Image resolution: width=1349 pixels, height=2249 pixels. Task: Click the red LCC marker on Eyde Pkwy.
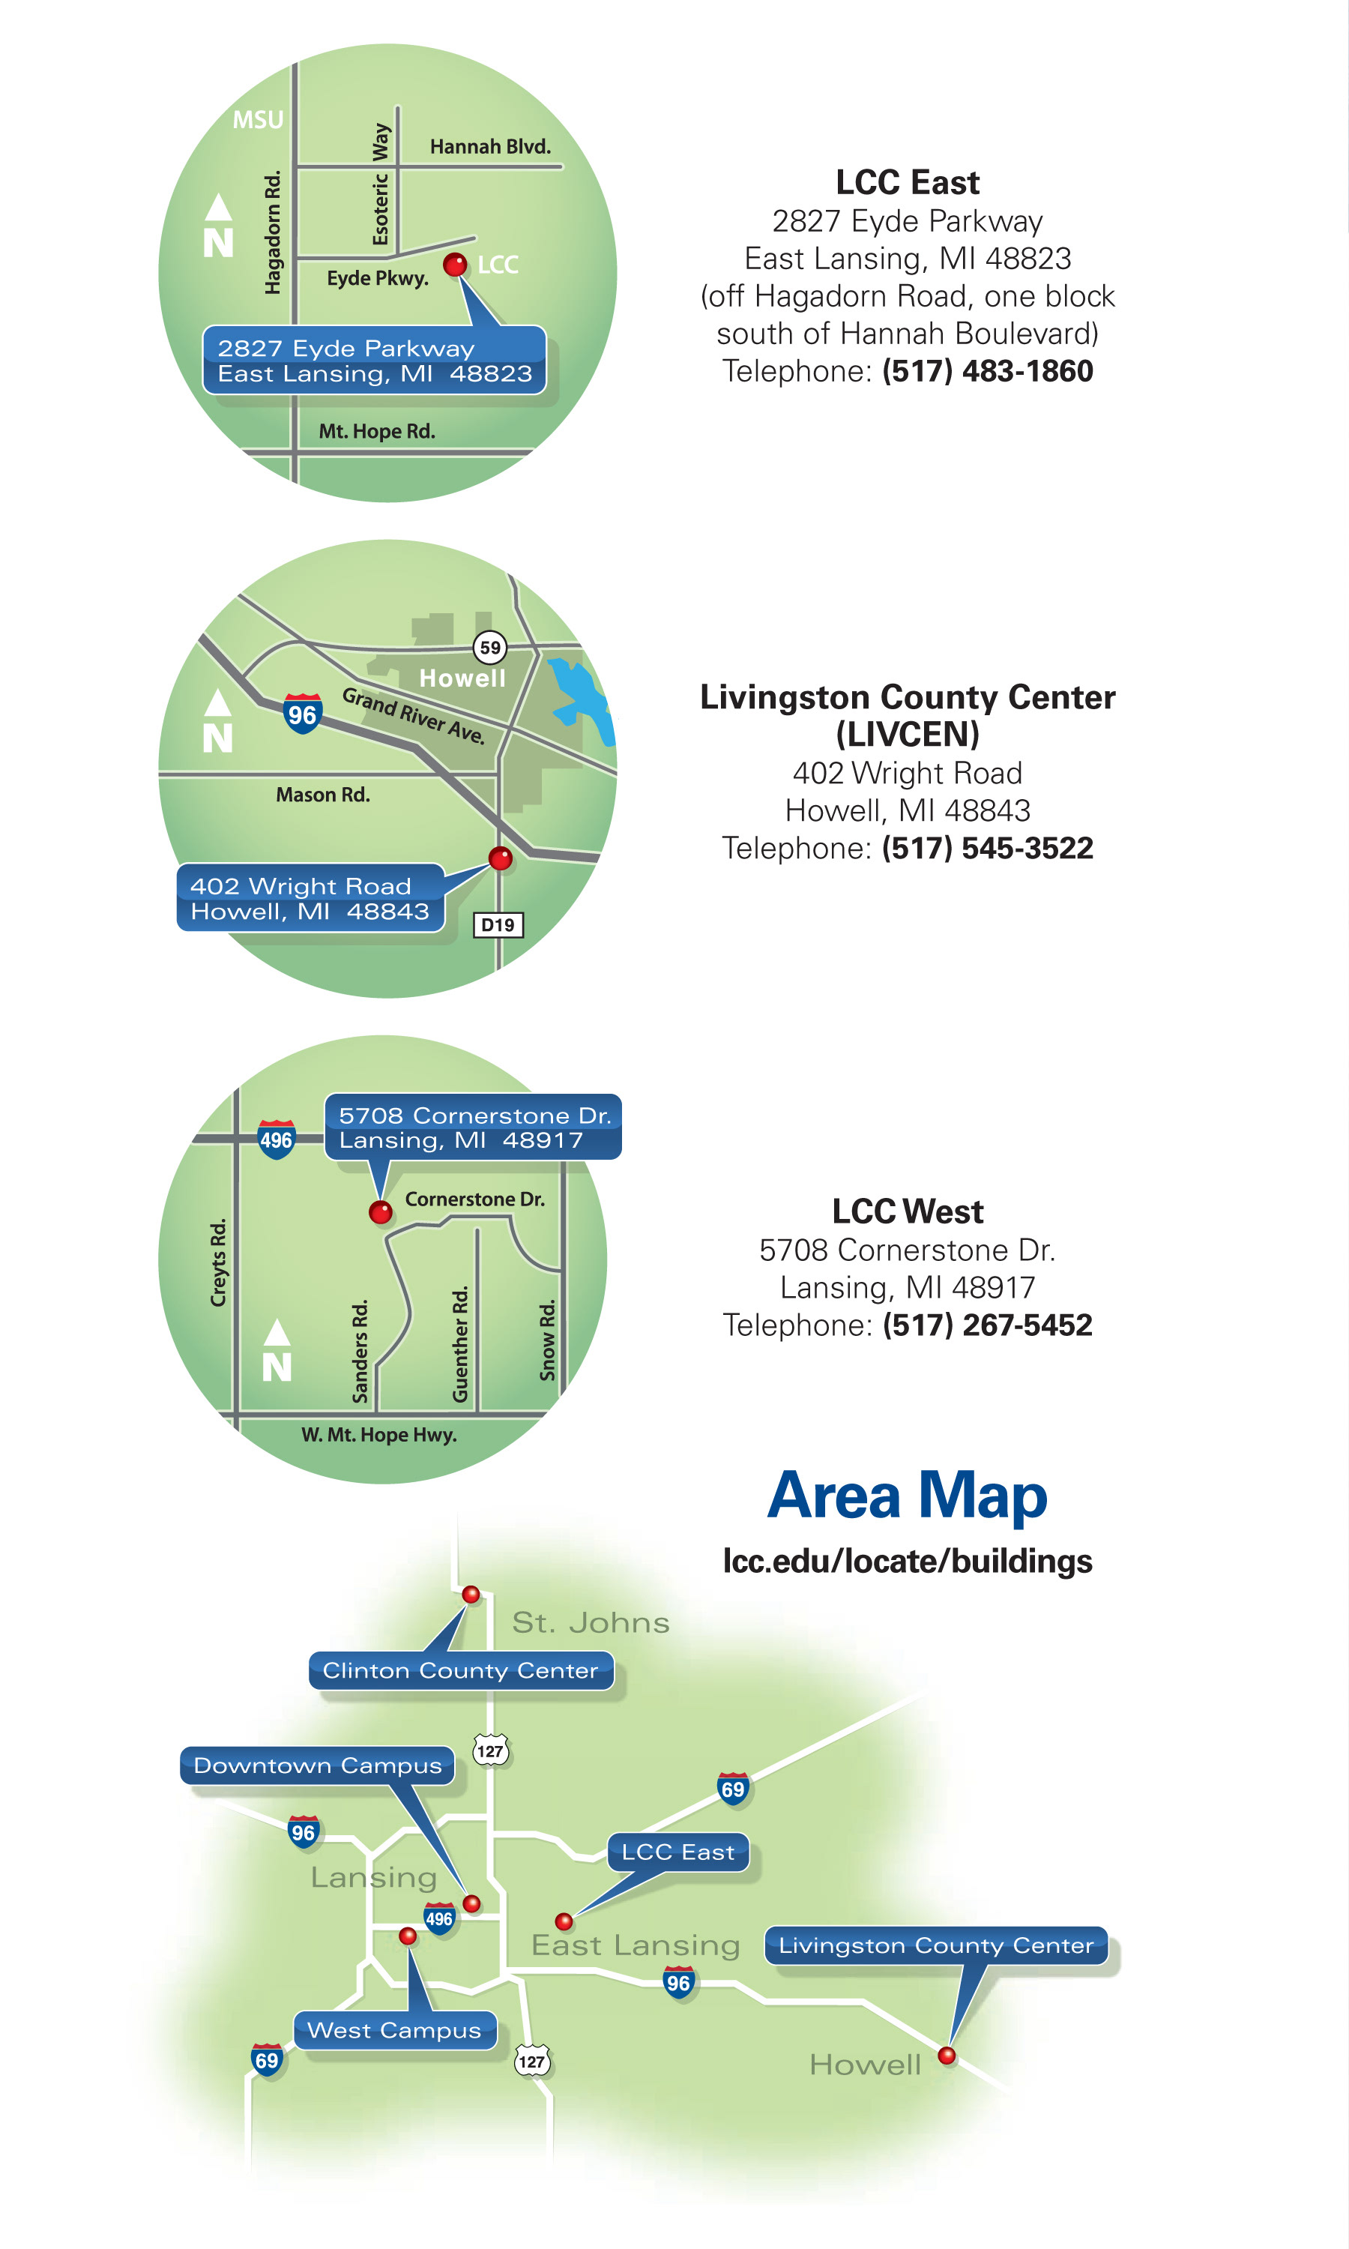point(454,265)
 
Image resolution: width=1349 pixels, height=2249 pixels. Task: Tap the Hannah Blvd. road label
point(490,146)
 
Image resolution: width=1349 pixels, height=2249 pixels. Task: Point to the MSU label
point(258,120)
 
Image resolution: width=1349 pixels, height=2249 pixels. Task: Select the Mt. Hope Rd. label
point(376,431)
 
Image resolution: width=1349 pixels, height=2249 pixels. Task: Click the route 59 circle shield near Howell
point(490,647)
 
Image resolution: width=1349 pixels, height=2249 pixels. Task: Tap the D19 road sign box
point(498,924)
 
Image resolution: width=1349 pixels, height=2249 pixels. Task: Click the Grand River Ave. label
point(414,715)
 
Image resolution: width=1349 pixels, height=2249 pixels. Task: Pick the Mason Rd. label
point(323,795)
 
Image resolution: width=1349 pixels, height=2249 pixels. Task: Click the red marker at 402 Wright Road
point(500,857)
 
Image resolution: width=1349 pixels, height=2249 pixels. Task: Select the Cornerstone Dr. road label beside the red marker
point(474,1199)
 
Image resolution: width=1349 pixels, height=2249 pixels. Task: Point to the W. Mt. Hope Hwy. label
point(379,1435)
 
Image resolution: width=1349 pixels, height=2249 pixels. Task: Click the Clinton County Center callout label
point(461,1671)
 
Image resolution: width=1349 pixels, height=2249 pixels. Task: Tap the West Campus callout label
point(393,2030)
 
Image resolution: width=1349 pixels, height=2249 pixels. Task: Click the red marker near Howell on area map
point(947,2056)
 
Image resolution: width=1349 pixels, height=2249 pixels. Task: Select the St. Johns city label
point(591,1623)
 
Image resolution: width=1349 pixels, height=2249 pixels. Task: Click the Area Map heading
point(908,1496)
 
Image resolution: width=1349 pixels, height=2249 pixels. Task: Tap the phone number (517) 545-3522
point(987,848)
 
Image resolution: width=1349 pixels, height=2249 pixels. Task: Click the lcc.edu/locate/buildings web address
point(908,1561)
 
